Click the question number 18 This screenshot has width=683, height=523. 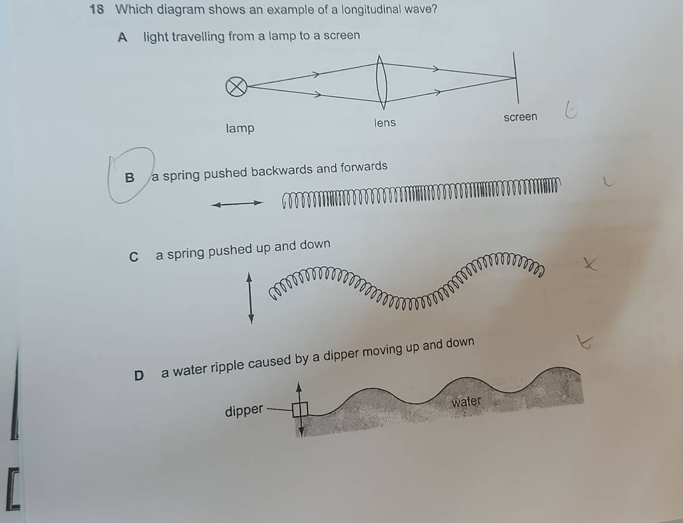(x=96, y=9)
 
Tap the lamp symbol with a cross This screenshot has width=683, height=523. (x=237, y=86)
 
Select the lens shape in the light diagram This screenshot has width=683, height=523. (x=381, y=82)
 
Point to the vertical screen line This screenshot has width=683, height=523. (x=516, y=78)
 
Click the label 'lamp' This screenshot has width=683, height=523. (x=240, y=128)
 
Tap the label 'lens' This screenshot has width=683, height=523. (x=385, y=123)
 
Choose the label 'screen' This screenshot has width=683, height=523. (x=521, y=117)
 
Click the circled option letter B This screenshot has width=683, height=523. (x=129, y=178)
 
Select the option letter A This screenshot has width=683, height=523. (x=122, y=38)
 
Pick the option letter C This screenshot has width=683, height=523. (x=134, y=257)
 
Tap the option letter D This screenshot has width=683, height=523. (x=139, y=375)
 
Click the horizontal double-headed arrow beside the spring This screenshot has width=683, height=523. (x=237, y=204)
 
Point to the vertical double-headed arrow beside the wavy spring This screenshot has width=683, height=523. (x=250, y=299)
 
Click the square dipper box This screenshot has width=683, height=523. (x=300, y=410)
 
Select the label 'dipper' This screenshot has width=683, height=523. (x=244, y=410)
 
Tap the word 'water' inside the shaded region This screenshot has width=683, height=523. (x=466, y=401)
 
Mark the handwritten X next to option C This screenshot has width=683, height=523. (x=590, y=264)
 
